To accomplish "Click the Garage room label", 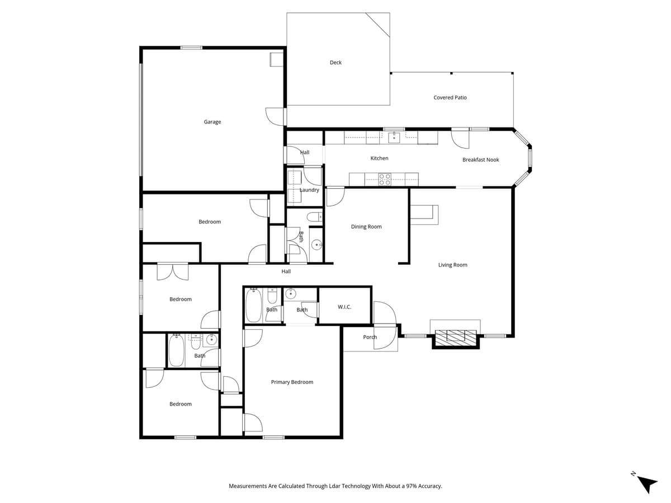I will (x=212, y=122).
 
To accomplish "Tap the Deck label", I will (x=335, y=63).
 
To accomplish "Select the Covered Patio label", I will (x=450, y=98).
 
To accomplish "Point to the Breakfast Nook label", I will (x=480, y=160).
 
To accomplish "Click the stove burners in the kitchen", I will (x=385, y=179).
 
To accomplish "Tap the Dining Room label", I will (x=366, y=227).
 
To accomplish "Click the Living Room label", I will (x=452, y=265).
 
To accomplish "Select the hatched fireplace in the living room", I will (x=456, y=336).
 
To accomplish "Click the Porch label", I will (x=370, y=337).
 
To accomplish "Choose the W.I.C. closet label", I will (x=344, y=307).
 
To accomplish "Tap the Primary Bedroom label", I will (x=292, y=382).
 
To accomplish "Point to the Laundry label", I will (x=309, y=190).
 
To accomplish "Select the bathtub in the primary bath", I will (x=253, y=305).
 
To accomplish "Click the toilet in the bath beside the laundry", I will (x=315, y=216).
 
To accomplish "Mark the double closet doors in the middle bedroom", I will (x=173, y=271).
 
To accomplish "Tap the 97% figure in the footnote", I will (x=405, y=486).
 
